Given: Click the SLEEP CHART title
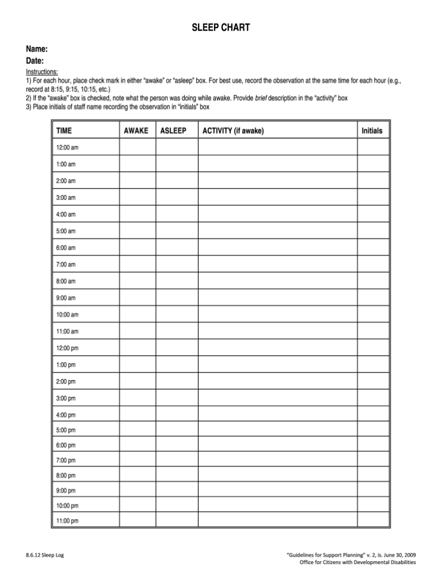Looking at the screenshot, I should (x=221, y=28).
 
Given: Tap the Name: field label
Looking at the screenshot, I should (x=36, y=50).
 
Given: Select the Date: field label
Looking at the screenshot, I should (x=35, y=61).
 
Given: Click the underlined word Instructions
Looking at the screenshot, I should (x=41, y=72).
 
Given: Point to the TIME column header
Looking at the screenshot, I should (x=64, y=131).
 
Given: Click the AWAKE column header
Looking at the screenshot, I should (x=136, y=131).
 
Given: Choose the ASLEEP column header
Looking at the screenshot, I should (x=173, y=131).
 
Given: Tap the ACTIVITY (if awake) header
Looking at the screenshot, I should (x=233, y=131).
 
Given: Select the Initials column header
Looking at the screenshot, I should (x=372, y=131).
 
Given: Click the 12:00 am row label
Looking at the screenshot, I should (x=67, y=148).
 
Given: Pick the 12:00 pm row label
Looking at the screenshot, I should (x=67, y=348).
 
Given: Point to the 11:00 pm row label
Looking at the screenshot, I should (x=67, y=521).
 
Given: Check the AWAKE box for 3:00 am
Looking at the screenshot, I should (x=138, y=197).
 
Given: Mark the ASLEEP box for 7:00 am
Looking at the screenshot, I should (x=177, y=264).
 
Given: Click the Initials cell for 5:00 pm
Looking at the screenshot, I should (x=373, y=429).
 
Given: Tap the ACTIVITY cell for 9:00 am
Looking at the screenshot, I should (x=277, y=297).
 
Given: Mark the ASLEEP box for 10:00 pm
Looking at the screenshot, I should (x=177, y=505).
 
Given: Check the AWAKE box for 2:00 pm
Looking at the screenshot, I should (x=138, y=381).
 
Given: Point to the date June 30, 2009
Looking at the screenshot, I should (x=398, y=555).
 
